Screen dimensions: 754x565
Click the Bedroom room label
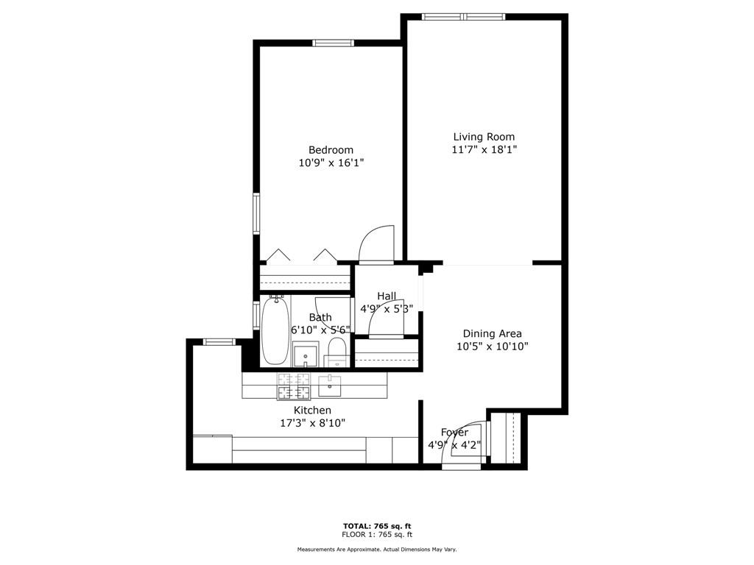click(331, 150)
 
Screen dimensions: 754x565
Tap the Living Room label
click(484, 137)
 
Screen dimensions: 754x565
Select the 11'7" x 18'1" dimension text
click(484, 149)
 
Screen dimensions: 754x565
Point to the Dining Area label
click(492, 333)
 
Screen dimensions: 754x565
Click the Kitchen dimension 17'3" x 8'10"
click(312, 423)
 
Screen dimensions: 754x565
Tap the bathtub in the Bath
click(275, 332)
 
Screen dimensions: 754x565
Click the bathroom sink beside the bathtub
click(306, 354)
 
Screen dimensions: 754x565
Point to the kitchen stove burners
click(293, 385)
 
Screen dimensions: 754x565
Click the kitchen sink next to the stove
click(329, 385)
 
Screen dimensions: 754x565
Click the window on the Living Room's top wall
click(464, 17)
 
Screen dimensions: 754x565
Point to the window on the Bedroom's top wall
click(334, 43)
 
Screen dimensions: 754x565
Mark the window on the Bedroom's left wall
click(256, 213)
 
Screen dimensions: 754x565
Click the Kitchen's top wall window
click(219, 341)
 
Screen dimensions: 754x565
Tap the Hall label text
click(387, 296)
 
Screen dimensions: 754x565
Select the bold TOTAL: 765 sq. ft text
click(377, 526)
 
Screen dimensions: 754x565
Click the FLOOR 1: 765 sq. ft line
click(377, 534)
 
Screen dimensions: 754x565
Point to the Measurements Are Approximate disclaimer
click(377, 549)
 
